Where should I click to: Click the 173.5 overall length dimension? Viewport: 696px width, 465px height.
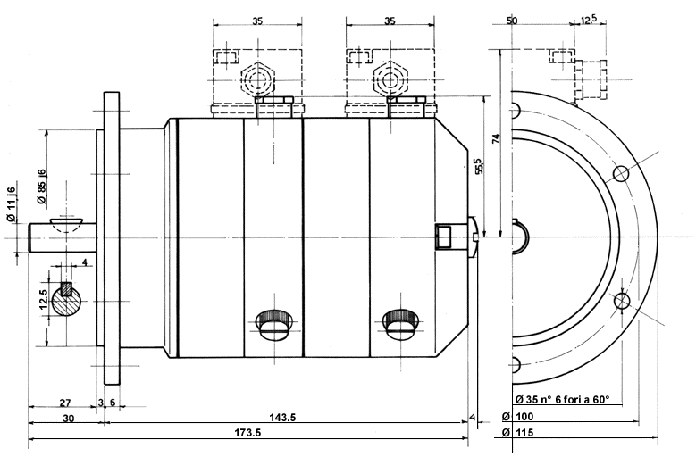coord(247,432)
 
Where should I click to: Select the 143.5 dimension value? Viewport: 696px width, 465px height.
coord(282,417)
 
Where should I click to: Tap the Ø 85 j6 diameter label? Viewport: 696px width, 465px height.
coord(41,187)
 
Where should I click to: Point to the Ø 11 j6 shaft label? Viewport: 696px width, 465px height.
coord(11,204)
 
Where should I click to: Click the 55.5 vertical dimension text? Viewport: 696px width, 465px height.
coord(479,166)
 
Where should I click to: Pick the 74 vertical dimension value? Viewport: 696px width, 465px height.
coord(496,138)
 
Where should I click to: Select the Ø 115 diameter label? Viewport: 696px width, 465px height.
coord(517,432)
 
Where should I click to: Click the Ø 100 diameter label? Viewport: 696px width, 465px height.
coord(517,416)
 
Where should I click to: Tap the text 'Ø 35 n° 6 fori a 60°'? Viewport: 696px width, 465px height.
coord(562,399)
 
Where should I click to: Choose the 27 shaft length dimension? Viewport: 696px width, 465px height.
coord(65,403)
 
